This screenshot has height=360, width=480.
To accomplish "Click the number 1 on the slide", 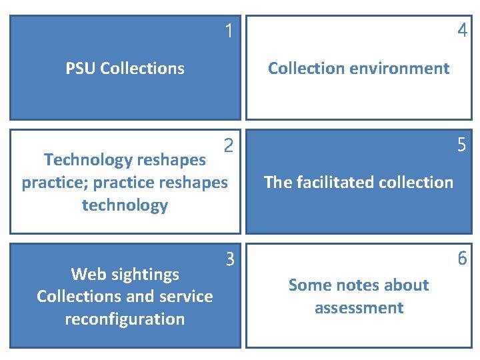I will (x=229, y=31).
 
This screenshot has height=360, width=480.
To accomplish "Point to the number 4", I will (x=462, y=31).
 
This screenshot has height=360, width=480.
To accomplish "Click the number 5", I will (x=462, y=145).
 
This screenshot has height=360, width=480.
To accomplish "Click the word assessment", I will (x=359, y=308).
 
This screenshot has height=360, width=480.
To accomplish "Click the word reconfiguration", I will (x=125, y=319).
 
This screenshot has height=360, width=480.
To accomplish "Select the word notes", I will (x=353, y=285).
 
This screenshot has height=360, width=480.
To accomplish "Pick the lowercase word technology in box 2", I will (x=125, y=205).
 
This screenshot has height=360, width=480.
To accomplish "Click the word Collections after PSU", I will (x=143, y=68).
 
